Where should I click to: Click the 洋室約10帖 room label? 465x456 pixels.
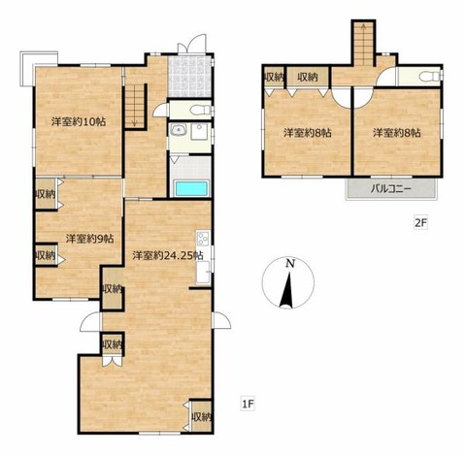(79, 122)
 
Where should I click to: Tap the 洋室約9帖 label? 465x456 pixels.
(89, 239)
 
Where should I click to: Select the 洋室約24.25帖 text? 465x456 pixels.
(168, 255)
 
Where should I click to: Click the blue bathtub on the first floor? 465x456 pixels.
(191, 188)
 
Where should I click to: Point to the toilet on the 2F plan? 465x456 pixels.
(430, 77)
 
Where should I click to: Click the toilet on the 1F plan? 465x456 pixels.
(201, 110)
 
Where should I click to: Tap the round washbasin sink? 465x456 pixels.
(179, 130)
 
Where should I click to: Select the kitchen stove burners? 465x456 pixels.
(203, 239)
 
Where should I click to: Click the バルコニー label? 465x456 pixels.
(391, 188)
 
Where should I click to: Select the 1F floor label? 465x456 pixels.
(248, 404)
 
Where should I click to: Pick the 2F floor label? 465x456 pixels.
(420, 223)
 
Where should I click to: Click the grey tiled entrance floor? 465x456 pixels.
(190, 77)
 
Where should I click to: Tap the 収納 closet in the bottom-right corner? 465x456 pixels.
(201, 417)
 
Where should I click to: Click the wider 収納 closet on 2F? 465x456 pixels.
(308, 77)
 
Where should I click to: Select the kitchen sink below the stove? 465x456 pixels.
(203, 272)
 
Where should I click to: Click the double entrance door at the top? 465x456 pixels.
(191, 44)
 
